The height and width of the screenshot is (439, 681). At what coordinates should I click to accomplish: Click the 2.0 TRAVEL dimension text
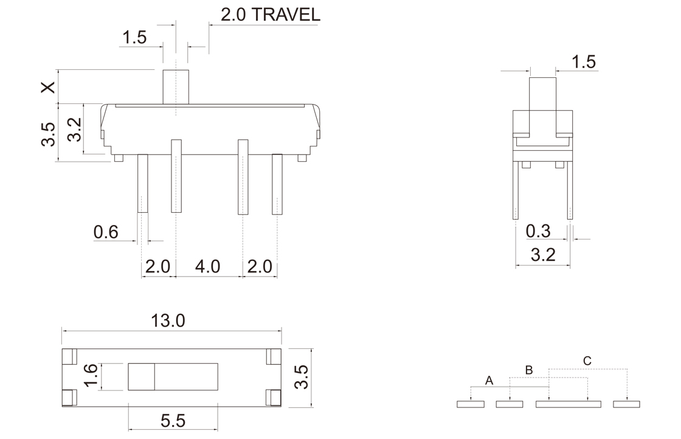click(x=270, y=15)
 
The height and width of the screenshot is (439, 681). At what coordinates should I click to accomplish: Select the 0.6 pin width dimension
click(x=106, y=232)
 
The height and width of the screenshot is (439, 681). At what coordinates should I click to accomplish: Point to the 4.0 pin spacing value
click(x=207, y=266)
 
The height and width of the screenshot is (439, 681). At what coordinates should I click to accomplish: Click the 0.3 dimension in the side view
click(x=538, y=231)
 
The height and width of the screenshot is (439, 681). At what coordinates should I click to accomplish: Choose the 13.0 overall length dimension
click(x=168, y=321)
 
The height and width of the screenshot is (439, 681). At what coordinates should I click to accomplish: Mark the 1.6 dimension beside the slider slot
click(x=90, y=376)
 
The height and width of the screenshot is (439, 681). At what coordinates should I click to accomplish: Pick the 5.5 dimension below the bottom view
click(x=173, y=421)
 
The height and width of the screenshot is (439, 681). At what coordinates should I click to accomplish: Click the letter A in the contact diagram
click(x=489, y=381)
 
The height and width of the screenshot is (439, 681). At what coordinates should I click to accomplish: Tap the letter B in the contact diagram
click(x=528, y=370)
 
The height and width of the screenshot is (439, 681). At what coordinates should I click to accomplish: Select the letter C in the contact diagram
click(x=587, y=361)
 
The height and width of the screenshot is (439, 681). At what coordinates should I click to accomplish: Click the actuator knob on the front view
click(x=176, y=87)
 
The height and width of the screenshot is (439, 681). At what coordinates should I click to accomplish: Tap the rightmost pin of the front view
click(x=277, y=184)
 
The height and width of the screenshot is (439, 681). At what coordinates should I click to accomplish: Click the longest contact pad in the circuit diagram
click(x=569, y=404)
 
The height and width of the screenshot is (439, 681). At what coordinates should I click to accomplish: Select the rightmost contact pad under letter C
click(x=626, y=404)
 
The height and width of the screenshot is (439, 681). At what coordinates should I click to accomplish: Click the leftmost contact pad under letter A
click(x=471, y=404)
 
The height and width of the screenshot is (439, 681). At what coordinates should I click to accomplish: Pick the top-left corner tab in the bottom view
click(x=70, y=356)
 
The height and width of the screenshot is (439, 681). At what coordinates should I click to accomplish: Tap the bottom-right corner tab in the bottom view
click(x=274, y=398)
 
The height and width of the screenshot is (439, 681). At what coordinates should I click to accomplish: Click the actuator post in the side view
click(x=542, y=106)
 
